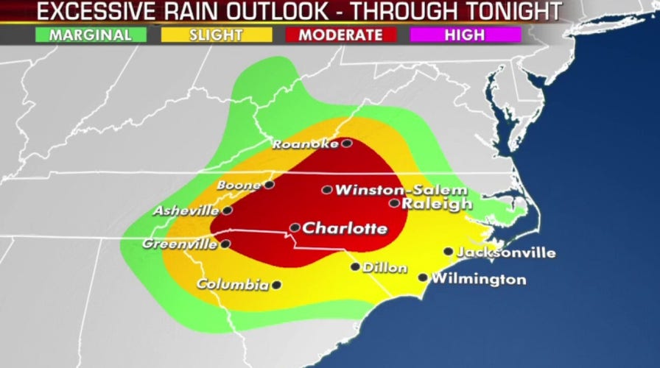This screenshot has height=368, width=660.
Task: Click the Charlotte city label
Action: [x=345, y=228]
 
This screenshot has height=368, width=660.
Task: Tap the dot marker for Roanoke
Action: [x=346, y=144]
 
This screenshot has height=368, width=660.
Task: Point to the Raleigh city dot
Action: [x=395, y=203]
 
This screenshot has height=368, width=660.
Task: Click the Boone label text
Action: [x=239, y=186]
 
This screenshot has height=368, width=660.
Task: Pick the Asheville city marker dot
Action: [x=228, y=210]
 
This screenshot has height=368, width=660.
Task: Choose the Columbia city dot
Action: [x=276, y=285]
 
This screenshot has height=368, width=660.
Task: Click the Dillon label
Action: [x=385, y=268]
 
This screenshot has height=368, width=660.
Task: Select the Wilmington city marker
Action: [x=423, y=277]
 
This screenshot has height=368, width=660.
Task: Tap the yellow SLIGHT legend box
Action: [x=215, y=35]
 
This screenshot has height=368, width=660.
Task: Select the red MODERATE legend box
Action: [x=340, y=35]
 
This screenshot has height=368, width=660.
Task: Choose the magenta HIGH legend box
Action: [x=464, y=35]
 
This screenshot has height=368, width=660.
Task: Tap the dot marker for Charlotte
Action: [x=295, y=227]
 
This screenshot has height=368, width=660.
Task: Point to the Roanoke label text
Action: [x=306, y=144]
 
